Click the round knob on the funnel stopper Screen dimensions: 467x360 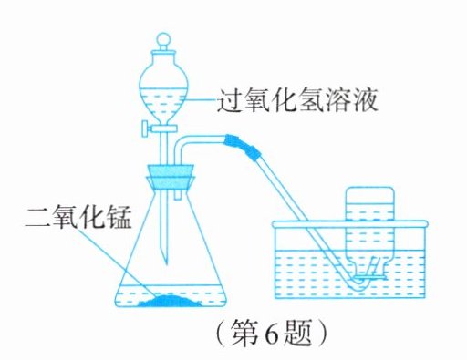[x=164, y=39]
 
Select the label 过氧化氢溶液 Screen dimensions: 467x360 [x=297, y=100]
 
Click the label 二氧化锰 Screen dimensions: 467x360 [x=78, y=218]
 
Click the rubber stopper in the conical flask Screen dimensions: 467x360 [x=171, y=179]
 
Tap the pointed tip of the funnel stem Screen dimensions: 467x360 [x=166, y=263]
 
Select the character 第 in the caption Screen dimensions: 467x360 [x=244, y=336]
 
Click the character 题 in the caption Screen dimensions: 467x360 [x=298, y=336]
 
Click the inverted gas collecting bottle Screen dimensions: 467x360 [x=370, y=231]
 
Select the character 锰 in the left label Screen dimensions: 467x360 [x=119, y=218]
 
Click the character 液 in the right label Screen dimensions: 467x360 [x=365, y=100]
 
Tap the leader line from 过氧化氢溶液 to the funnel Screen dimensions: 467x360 [x=201, y=99]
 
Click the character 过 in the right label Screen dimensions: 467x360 [x=230, y=100]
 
